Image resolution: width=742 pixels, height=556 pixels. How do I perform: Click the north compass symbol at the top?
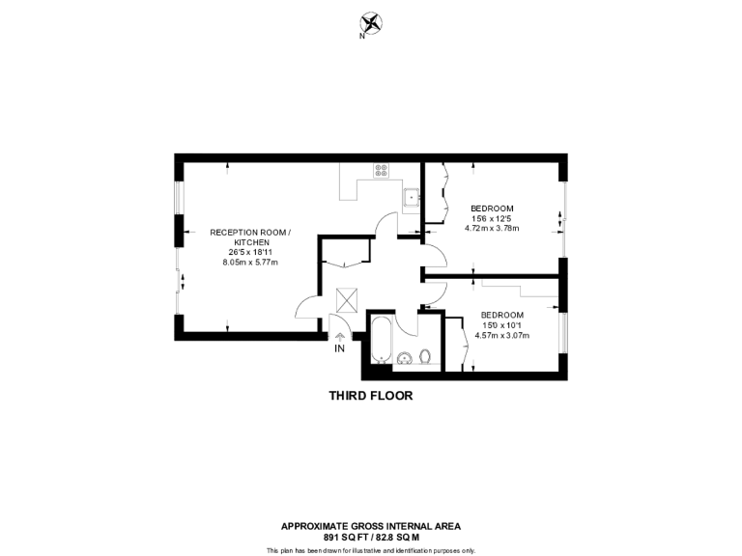pos(370,24)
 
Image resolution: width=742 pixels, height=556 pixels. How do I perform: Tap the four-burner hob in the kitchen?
pos(382,171)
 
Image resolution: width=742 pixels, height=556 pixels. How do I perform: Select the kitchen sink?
pos(413,199)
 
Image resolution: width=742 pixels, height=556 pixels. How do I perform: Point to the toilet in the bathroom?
pos(425,357)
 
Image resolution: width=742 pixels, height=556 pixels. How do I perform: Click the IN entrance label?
pos(339,348)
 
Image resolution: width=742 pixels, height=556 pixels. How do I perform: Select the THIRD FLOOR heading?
pos(370,396)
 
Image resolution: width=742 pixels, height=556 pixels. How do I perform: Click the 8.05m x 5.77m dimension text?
pos(249,262)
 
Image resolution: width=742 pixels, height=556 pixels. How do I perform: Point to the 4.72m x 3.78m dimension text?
pos(492,229)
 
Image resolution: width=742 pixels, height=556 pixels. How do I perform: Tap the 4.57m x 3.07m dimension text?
pos(501,335)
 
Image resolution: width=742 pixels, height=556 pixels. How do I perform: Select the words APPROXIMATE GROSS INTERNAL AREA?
pos(370,526)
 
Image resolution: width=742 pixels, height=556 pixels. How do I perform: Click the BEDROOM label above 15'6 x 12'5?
pos(492,208)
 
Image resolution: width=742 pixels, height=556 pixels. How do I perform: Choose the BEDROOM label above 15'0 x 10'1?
pos(501,315)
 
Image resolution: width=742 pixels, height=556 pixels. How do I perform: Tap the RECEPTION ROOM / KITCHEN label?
pos(249,236)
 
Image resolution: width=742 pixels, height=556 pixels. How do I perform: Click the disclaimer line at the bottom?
pos(370,549)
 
